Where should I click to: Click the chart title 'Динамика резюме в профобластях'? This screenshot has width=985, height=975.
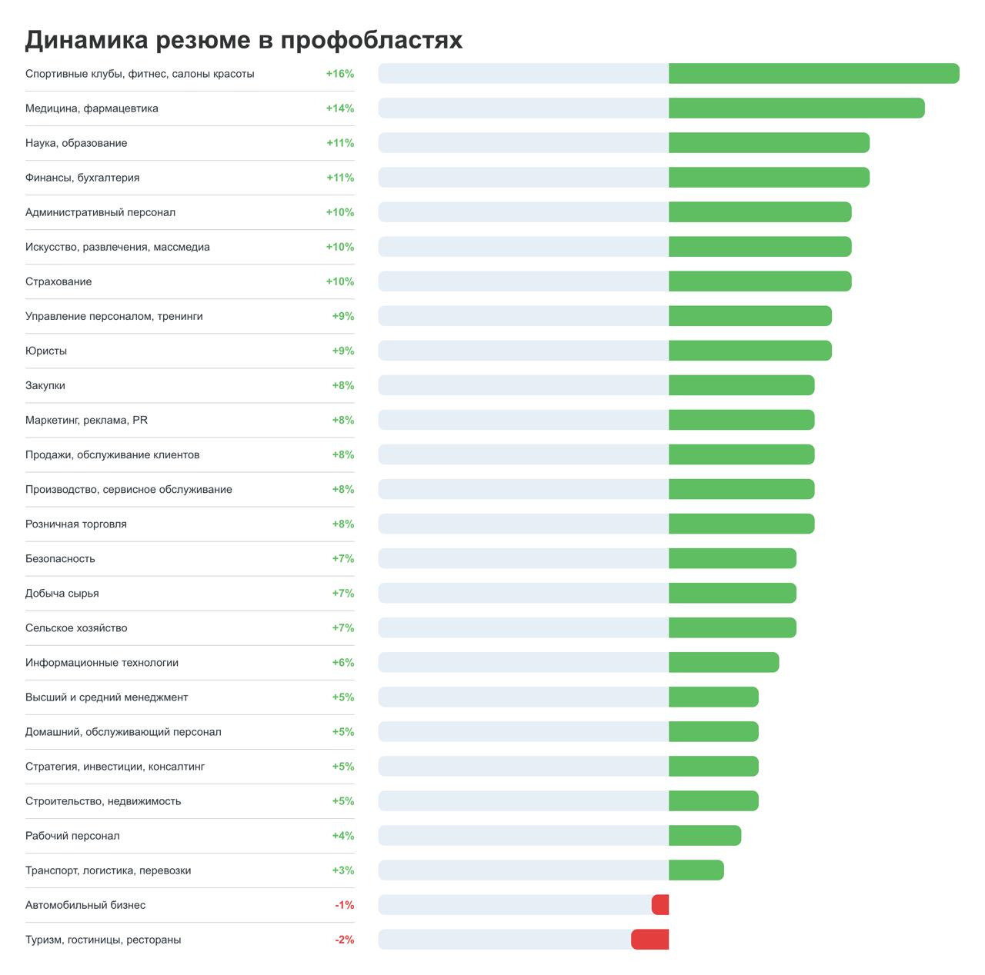pyautogui.click(x=243, y=40)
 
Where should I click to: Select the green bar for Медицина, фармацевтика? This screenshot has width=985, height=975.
pyautogui.click(x=796, y=108)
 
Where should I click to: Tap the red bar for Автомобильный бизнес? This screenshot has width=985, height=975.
pyautogui.click(x=660, y=905)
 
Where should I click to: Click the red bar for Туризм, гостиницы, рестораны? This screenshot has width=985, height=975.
pyautogui.click(x=650, y=940)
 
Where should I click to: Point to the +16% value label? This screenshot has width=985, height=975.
pyautogui.click(x=339, y=74)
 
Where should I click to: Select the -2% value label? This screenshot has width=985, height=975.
pyautogui.click(x=344, y=940)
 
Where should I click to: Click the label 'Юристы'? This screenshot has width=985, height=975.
pyautogui.click(x=46, y=351)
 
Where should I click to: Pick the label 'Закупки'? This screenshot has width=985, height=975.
pyautogui.click(x=45, y=385)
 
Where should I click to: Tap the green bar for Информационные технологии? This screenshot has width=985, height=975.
pyautogui.click(x=723, y=662)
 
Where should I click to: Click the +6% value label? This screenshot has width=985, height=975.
pyautogui.click(x=343, y=662)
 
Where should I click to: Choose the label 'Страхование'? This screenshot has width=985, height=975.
pyautogui.click(x=58, y=281)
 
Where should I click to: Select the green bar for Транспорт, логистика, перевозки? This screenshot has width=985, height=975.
pyautogui.click(x=696, y=870)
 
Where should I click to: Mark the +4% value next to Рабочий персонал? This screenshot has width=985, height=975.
pyautogui.click(x=343, y=836)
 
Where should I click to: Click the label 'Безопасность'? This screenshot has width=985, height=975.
pyautogui.click(x=60, y=558)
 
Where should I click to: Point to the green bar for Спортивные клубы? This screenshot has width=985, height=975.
pyautogui.click(x=813, y=74)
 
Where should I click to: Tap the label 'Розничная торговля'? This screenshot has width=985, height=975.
pyautogui.click(x=76, y=524)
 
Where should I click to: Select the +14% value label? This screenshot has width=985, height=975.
pyautogui.click(x=339, y=108)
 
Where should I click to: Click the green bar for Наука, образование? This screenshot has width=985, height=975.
pyautogui.click(x=769, y=143)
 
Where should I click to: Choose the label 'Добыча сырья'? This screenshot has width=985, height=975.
pyautogui.click(x=62, y=593)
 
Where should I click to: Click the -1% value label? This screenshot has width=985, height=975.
pyautogui.click(x=344, y=905)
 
